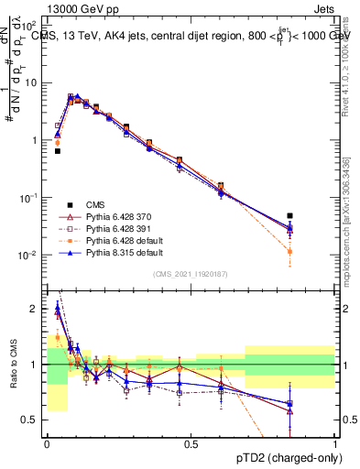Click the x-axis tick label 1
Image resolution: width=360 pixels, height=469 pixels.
click(336, 445)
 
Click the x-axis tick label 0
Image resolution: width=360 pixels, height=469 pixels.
click(47, 445)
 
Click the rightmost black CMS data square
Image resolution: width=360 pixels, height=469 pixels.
click(289, 216)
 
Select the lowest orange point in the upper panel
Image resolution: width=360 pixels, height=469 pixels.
click(289, 251)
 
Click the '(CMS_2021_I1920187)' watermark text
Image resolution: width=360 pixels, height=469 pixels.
click(191, 274)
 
